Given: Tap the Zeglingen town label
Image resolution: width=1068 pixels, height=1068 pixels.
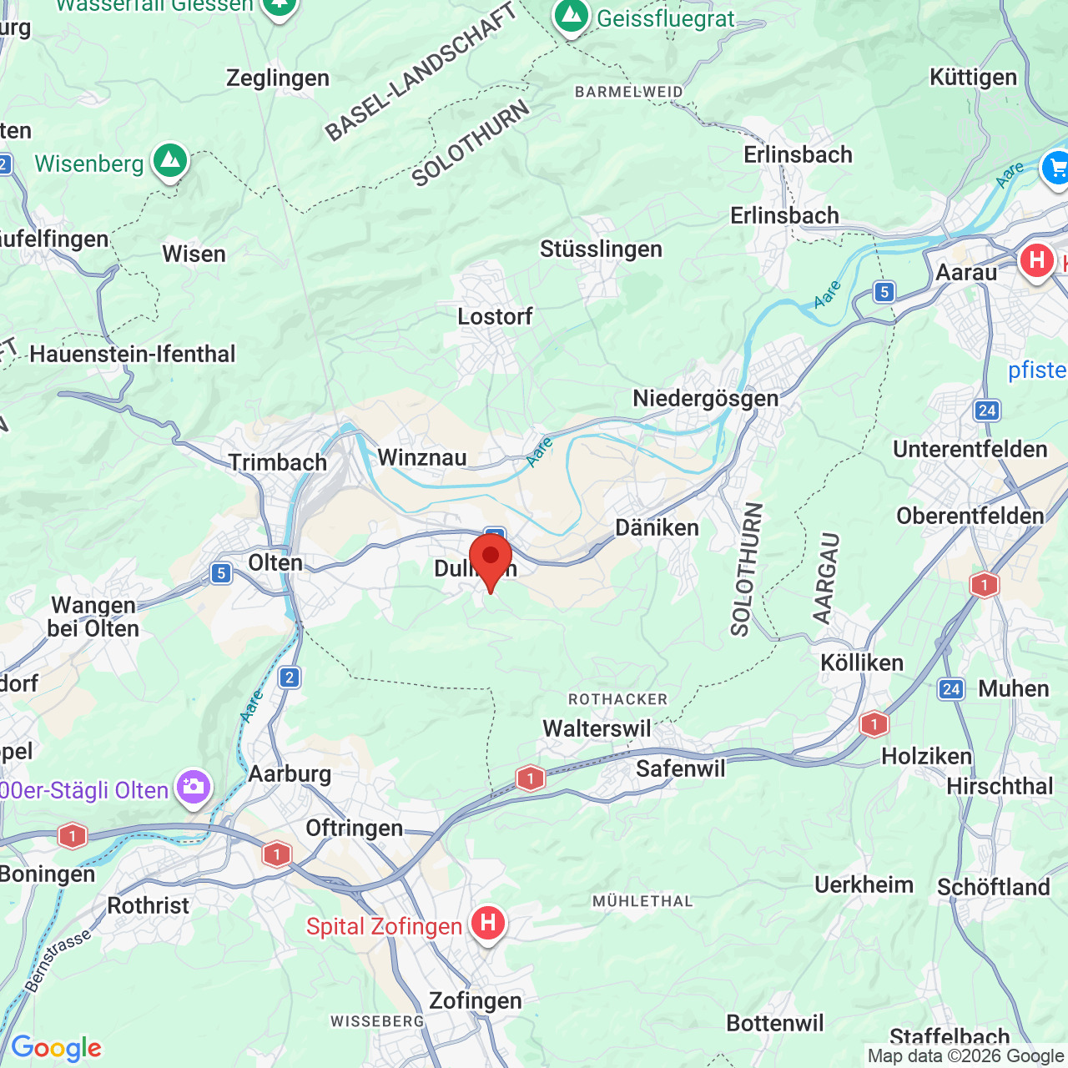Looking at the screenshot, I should (x=278, y=78).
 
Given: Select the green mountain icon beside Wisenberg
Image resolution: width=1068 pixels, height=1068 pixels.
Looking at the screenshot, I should (x=170, y=159).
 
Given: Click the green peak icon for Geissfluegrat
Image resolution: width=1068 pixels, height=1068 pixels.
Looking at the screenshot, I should (x=572, y=16).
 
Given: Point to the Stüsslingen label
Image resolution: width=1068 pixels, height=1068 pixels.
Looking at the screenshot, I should (x=601, y=249).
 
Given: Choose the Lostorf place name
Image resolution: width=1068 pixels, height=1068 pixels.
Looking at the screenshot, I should (x=495, y=316).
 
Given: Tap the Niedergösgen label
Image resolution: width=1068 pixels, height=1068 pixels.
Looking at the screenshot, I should (x=705, y=398).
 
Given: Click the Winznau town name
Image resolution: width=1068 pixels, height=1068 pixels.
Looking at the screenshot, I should (x=422, y=457).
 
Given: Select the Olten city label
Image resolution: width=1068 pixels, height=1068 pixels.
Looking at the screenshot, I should (x=275, y=562).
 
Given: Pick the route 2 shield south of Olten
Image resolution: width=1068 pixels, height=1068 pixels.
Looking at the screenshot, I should (x=290, y=677).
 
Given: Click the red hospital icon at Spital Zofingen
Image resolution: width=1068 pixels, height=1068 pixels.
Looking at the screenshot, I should (x=487, y=923).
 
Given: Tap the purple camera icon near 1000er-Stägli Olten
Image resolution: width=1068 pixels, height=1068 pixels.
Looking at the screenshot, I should (x=194, y=787).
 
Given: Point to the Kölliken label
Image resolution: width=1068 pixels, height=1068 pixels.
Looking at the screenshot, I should (x=862, y=662).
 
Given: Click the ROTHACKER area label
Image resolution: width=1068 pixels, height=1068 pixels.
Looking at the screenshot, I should (x=617, y=699).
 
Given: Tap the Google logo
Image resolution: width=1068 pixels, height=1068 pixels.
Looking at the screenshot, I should (x=56, y=1048).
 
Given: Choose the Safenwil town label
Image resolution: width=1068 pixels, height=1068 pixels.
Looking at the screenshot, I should (x=681, y=768).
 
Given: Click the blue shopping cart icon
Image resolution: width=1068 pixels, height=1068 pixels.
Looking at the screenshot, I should (x=1056, y=169).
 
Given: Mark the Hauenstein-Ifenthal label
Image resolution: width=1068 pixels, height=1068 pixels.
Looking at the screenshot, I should (x=133, y=354).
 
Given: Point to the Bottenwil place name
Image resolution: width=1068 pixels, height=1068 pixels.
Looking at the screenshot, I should (x=774, y=1023).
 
